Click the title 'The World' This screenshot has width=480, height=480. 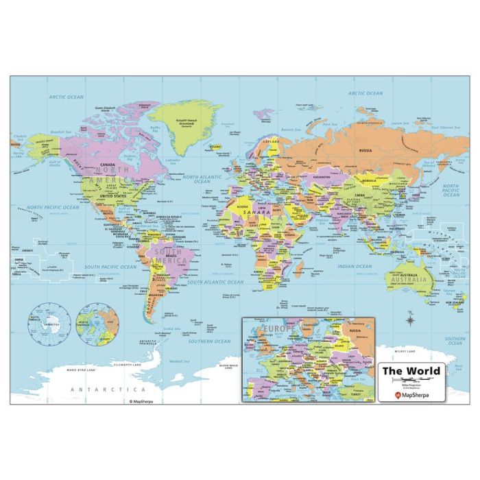click(x=411, y=372)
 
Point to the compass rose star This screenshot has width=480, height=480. click(x=410, y=319)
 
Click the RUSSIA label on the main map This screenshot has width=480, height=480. click(x=365, y=150)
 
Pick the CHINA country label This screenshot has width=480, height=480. click(x=359, y=195)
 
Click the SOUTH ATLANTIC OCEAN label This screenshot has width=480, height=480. click(x=216, y=282)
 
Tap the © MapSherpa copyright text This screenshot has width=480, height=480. click(x=145, y=400)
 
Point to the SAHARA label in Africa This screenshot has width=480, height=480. click(x=256, y=213)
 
